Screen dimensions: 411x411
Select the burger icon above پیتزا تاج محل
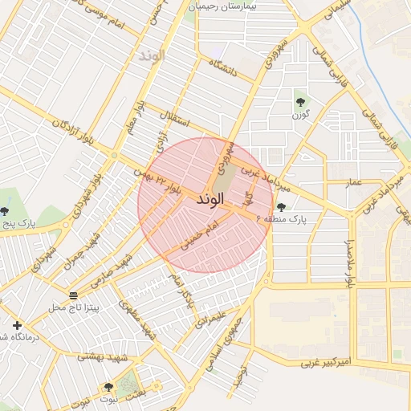point(74,295)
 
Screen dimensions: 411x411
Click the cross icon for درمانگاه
point(17,325)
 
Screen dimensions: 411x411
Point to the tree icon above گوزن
point(300,102)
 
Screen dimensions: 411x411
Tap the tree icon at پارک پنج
point(5,211)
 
